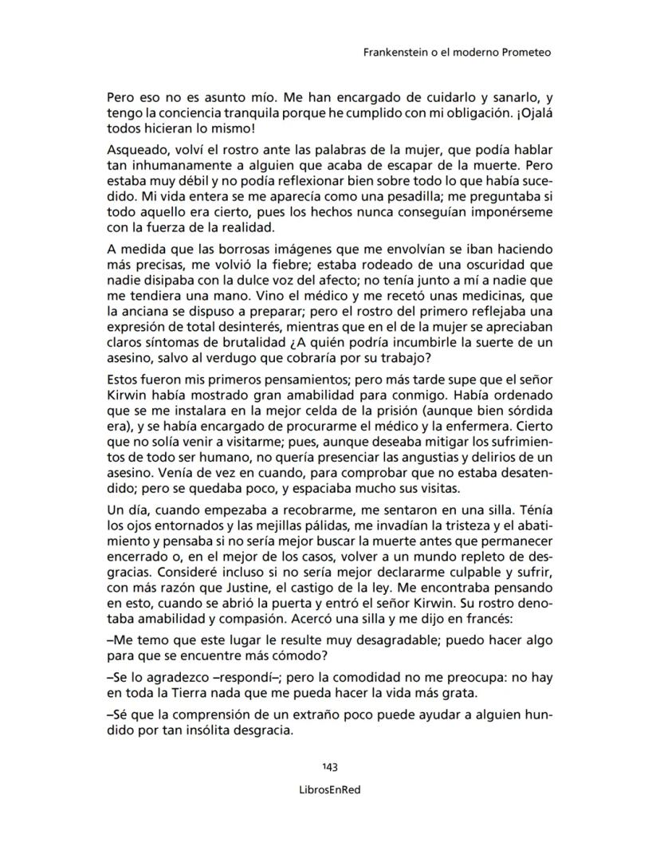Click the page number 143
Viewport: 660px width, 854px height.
pos(330,767)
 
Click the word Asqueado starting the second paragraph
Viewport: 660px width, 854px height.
pos(134,151)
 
